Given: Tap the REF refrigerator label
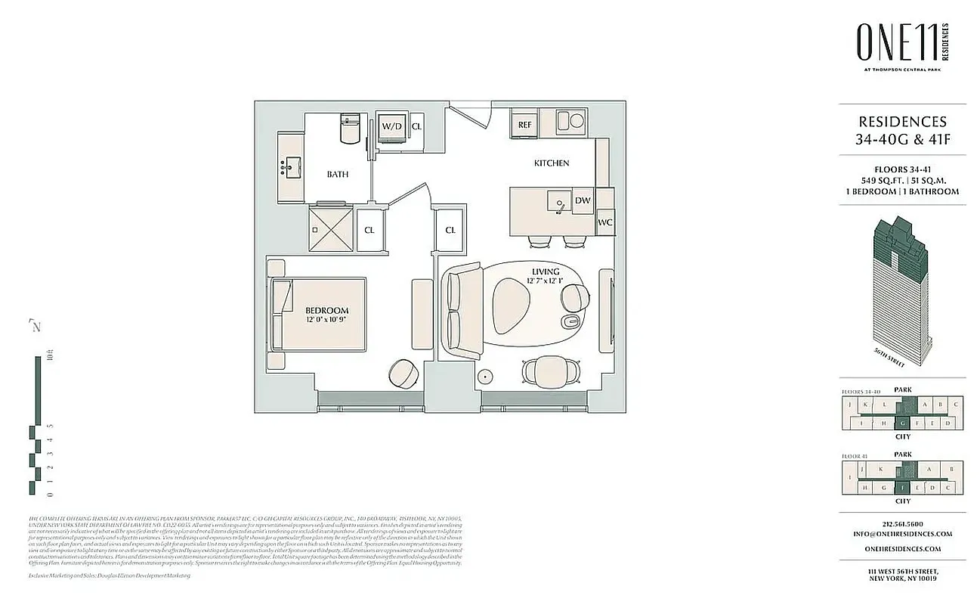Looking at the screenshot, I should click(524, 125).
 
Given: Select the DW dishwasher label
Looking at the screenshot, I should click(582, 200).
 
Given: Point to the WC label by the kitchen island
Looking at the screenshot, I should click(604, 223).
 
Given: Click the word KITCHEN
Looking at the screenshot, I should click(552, 163).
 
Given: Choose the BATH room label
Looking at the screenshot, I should click(338, 175).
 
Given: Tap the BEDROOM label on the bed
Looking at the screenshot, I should click(326, 310).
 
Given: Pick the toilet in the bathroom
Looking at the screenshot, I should click(351, 129).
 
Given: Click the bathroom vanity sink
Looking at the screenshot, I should click(291, 166).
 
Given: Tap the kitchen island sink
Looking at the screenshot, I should click(558, 203).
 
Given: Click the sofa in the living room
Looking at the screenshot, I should click(462, 311).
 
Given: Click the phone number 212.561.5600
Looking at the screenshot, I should click(902, 523).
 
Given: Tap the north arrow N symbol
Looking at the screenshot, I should click(35, 326).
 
